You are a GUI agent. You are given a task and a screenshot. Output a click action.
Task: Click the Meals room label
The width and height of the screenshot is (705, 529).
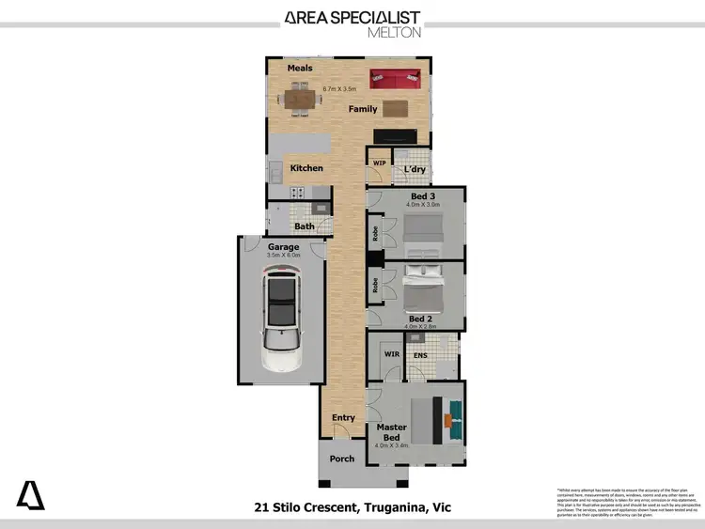point(300,68)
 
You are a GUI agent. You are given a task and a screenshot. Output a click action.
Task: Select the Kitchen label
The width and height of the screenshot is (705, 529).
point(306,168)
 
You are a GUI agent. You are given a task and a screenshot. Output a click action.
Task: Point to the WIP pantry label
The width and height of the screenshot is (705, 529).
point(379,163)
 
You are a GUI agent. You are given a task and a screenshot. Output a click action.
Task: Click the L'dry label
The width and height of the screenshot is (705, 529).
point(415,169)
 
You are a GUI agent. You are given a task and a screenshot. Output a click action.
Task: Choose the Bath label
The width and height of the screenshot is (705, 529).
point(305,226)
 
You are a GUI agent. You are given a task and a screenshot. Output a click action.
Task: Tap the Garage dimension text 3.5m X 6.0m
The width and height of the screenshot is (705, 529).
point(283,255)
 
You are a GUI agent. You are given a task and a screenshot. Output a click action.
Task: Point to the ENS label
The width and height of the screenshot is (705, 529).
point(421,355)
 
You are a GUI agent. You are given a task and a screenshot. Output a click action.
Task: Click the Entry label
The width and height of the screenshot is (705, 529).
point(344,418)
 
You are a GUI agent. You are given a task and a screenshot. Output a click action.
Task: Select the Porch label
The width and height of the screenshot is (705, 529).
point(342,459)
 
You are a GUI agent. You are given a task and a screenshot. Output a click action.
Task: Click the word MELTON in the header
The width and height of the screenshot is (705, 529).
point(394,31)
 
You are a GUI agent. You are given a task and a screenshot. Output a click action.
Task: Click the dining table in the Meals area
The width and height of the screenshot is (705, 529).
point(299,96)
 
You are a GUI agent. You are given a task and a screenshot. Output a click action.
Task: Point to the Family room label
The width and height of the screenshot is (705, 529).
point(363,109)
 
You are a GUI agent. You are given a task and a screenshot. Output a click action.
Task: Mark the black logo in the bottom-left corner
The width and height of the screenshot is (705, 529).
point(30,494)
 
